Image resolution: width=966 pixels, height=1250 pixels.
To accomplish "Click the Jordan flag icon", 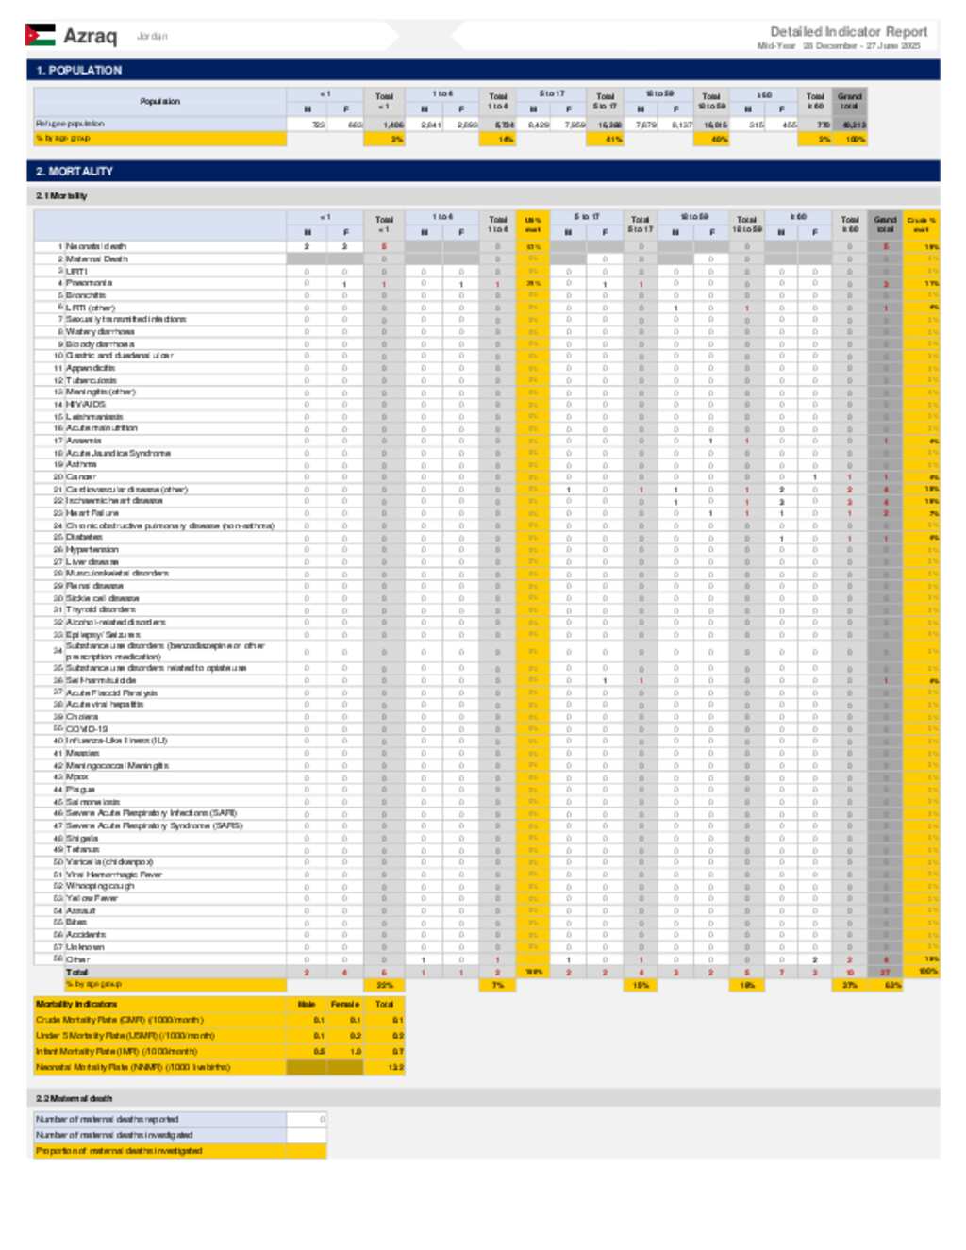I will [40, 36].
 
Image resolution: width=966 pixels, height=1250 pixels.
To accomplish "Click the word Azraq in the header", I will [90, 36].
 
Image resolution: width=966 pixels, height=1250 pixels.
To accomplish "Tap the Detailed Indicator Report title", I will [848, 31].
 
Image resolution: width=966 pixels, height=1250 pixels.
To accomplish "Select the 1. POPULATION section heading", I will [79, 70].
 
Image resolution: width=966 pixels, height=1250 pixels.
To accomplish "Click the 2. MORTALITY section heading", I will [75, 171].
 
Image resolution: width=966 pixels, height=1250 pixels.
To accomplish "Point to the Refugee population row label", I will [70, 124].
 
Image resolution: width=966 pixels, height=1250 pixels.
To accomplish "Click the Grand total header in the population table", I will [849, 101].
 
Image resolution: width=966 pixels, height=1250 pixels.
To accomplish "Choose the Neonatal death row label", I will [95, 246].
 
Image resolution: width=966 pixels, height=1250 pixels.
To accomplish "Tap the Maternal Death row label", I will [96, 258].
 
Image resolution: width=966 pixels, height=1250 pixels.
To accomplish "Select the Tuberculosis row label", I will [91, 380].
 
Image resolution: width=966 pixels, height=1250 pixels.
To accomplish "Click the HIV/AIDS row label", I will [85, 404].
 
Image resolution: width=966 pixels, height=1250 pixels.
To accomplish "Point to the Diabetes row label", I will [84, 537].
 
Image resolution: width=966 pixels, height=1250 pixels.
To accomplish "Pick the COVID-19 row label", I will [86, 729].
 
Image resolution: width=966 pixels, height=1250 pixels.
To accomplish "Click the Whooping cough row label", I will [100, 886].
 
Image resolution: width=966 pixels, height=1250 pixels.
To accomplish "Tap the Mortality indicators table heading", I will [76, 1004].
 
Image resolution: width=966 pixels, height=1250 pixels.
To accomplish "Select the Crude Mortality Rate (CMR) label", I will [119, 1020].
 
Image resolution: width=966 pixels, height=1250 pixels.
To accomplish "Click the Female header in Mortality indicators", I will [345, 1004].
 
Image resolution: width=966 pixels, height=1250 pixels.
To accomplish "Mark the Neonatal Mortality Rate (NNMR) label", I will [133, 1067].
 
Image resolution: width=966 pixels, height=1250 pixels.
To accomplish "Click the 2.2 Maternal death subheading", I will [74, 1098].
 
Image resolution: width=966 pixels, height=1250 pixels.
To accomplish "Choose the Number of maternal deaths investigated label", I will [114, 1135].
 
